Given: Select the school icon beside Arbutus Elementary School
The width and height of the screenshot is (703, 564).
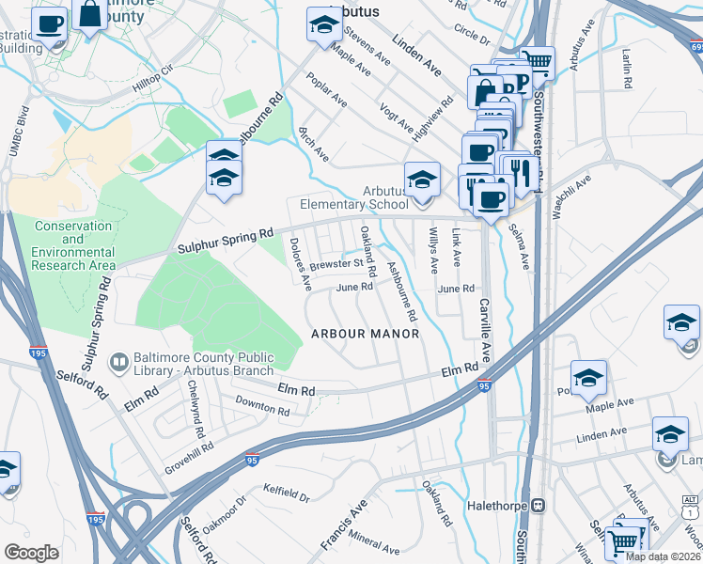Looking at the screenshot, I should pos(422,180).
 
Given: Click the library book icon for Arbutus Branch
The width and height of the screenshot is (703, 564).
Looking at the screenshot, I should pos(119,361).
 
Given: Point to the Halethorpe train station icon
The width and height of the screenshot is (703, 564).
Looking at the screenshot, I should pos(539,505).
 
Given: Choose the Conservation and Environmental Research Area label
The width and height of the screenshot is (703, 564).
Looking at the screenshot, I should pos(73,246).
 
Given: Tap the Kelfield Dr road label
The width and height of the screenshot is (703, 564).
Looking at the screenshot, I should pos(287,493).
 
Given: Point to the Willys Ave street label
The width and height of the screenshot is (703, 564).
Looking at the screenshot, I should pos(433,249).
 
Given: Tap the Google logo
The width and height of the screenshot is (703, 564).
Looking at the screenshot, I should pos(31,553).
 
